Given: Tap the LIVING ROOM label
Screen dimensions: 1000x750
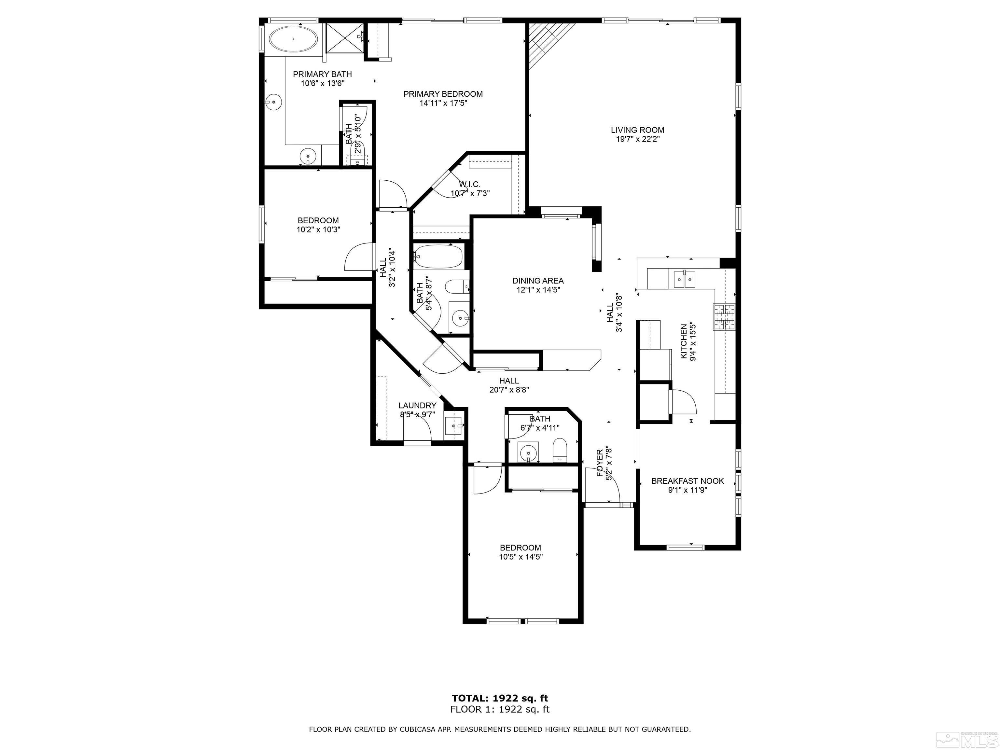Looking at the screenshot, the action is (637, 130).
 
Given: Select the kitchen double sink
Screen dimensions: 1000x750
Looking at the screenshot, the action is (684, 279).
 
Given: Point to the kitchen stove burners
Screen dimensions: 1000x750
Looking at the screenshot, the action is (725, 316).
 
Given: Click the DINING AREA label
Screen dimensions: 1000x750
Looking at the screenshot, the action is (538, 281).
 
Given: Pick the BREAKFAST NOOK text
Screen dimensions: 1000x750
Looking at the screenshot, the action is (687, 481).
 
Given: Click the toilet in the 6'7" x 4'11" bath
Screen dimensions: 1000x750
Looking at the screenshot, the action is (559, 450).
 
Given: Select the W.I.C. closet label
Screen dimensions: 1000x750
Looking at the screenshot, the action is (470, 184).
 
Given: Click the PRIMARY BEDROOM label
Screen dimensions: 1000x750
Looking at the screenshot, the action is (443, 94).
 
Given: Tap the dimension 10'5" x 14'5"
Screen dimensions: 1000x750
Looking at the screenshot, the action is (521, 557).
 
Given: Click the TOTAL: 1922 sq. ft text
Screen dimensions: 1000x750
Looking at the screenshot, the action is (500, 698).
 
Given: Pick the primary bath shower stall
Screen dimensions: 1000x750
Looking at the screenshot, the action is (344, 38).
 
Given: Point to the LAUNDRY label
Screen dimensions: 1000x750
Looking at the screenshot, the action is (417, 406).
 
